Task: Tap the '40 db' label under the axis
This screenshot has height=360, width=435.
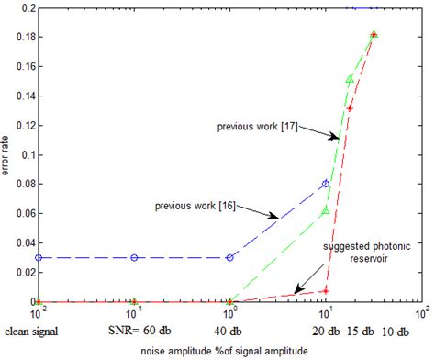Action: (229, 331)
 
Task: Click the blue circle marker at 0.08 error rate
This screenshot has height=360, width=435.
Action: (326, 184)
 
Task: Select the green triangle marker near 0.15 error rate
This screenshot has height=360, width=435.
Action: (350, 80)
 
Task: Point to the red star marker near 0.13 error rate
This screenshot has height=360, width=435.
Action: (350, 108)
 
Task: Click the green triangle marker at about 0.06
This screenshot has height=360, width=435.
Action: (326, 211)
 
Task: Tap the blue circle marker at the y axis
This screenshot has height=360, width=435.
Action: (38, 257)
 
